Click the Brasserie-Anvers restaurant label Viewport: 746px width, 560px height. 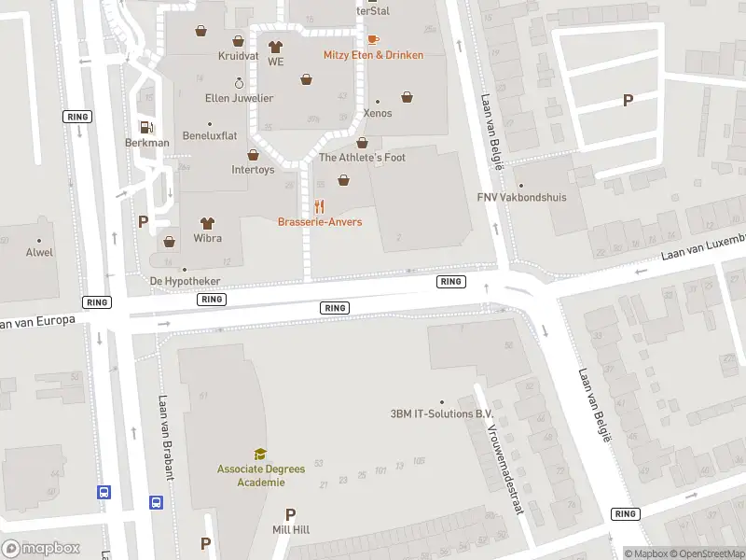pos(320,222)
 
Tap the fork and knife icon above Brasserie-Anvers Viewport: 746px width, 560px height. pos(320,206)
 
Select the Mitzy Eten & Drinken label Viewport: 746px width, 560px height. pos(373,55)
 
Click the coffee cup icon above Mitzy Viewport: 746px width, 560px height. pos(373,39)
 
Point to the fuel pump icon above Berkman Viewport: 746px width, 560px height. pos(145,127)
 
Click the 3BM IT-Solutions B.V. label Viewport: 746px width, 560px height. pos(441,414)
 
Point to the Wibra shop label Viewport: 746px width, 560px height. pos(208,238)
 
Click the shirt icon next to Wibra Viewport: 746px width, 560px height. pos(207,223)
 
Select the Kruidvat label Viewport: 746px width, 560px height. pos(238,56)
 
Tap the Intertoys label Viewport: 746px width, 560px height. pos(253,170)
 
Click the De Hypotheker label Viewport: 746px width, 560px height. pos(185,281)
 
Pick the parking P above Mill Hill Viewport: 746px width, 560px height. pos(290,514)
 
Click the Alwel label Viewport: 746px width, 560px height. pos(39,252)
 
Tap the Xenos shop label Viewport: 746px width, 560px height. pos(378,113)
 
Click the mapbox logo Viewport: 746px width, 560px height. pos(40,549)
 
